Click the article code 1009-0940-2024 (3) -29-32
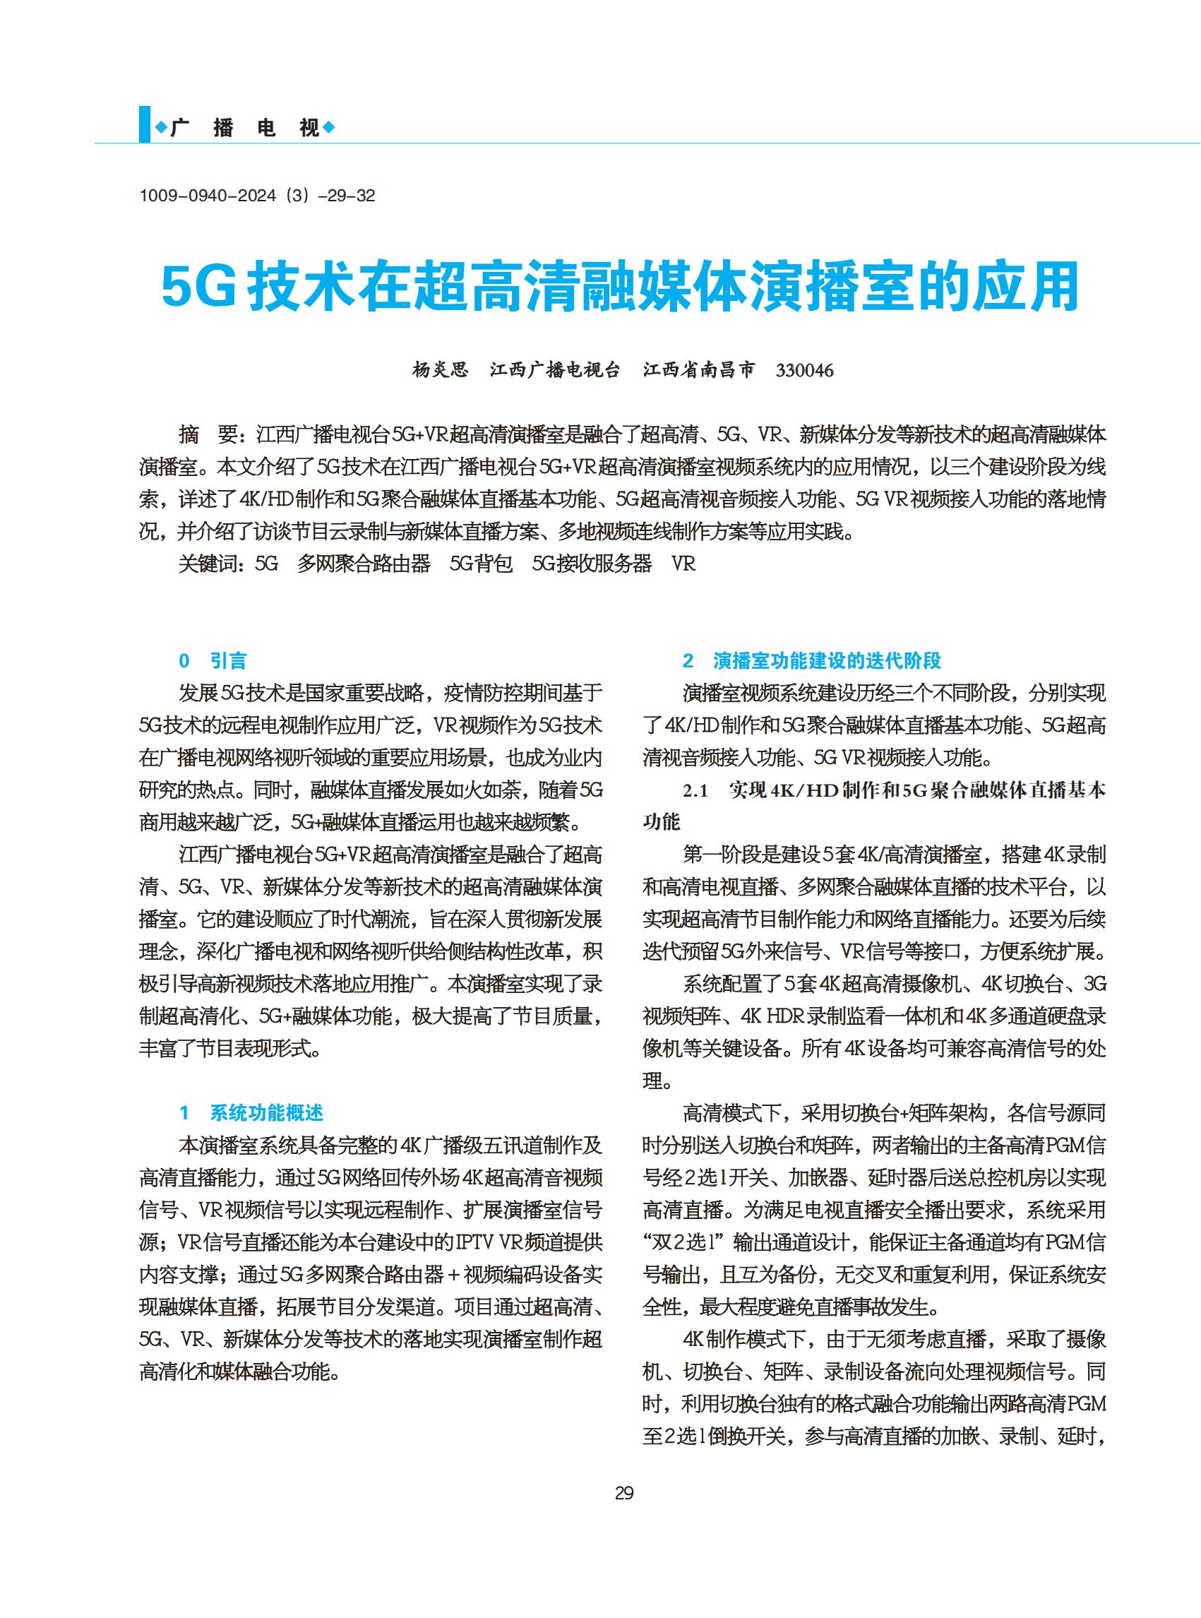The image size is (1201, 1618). point(256,196)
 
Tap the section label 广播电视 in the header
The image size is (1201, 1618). point(245,129)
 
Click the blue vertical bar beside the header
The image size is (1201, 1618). point(145,125)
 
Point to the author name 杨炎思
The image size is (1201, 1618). point(441,370)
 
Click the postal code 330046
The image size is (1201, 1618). point(804,371)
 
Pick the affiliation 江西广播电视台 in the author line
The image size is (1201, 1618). point(555,370)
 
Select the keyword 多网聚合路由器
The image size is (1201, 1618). point(364,564)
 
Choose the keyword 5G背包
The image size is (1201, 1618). point(482,564)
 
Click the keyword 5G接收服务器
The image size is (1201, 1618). point(592,564)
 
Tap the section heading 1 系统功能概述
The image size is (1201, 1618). point(251,1112)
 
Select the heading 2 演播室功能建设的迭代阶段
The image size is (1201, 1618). point(811,660)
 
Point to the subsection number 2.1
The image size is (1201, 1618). point(695,791)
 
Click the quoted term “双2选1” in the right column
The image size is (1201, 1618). point(683,1242)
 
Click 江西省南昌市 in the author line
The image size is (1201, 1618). point(699,370)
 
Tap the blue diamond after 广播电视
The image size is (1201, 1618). point(328,129)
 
